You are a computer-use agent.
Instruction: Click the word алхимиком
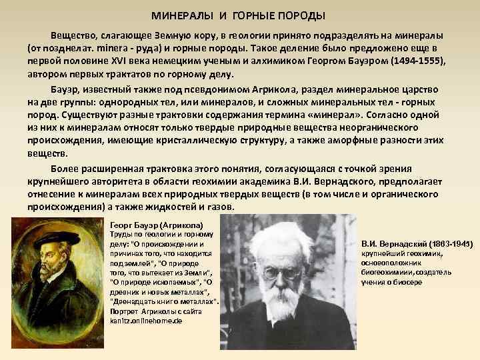pyautogui.click(x=252, y=61)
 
